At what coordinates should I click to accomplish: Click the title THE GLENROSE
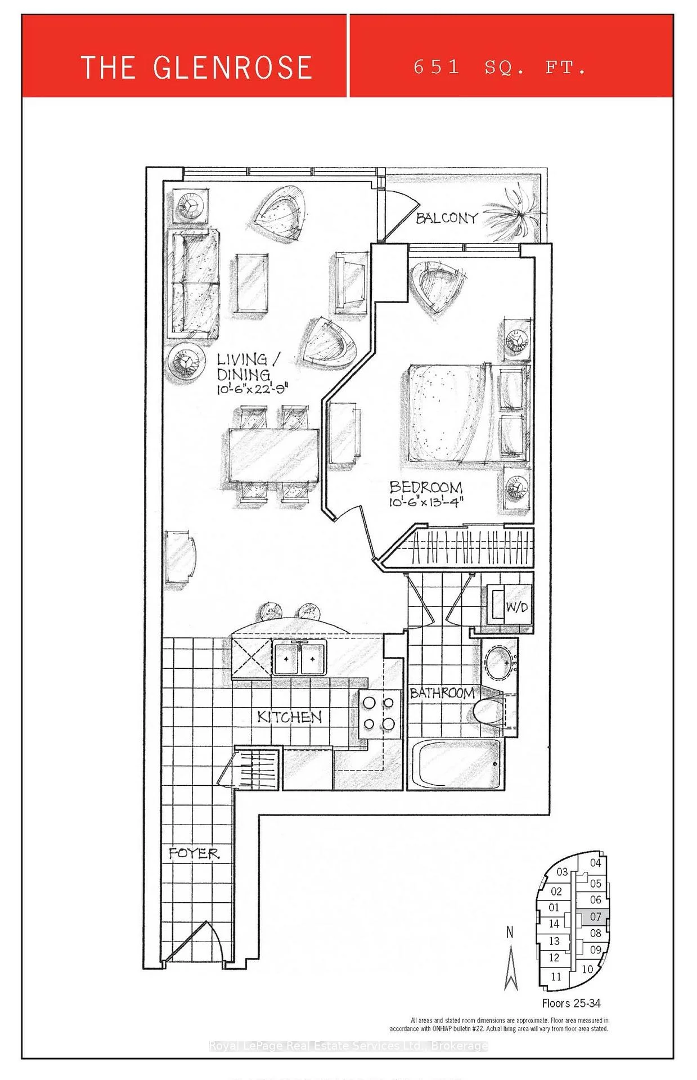point(196,67)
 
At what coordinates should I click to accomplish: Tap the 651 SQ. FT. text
point(500,67)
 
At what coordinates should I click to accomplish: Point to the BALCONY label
point(447,218)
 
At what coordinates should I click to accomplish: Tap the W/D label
point(517,607)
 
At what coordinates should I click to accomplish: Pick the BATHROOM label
point(442,693)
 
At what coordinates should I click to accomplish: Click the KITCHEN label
point(290,717)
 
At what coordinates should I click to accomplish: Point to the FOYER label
point(194,854)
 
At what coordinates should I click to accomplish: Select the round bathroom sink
point(500,664)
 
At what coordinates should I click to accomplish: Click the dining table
point(274,455)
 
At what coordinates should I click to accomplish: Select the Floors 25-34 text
point(571,1003)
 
